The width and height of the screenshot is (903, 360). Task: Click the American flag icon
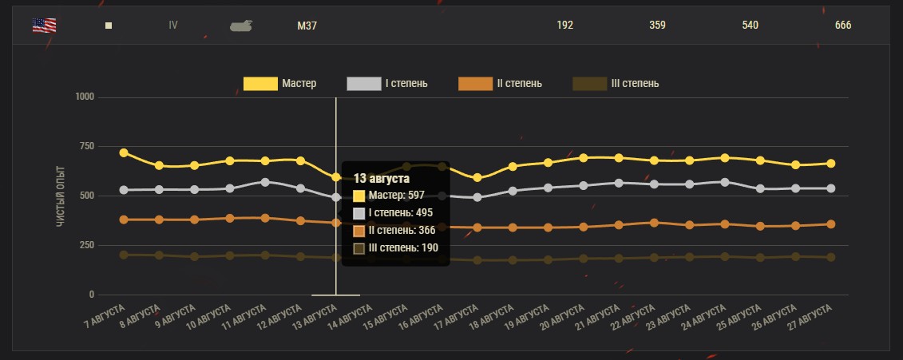pyautogui.click(x=44, y=25)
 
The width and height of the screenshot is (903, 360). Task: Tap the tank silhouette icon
pyautogui.click(x=241, y=26)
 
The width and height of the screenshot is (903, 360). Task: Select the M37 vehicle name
pyautogui.click(x=307, y=26)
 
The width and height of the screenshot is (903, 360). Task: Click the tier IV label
pyautogui.click(x=173, y=25)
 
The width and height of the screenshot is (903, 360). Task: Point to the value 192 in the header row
pyautogui.click(x=565, y=26)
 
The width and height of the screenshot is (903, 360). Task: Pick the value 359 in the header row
pyautogui.click(x=658, y=26)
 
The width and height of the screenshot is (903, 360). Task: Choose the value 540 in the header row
pyautogui.click(x=751, y=26)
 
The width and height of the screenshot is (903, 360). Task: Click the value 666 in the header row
pyautogui.click(x=843, y=26)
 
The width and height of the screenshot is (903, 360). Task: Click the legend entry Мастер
pyautogui.click(x=280, y=84)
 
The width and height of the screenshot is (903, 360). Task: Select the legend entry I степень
pyautogui.click(x=387, y=84)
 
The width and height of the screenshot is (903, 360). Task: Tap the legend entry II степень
pyautogui.click(x=501, y=84)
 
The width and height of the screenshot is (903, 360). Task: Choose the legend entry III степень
pyautogui.click(x=616, y=84)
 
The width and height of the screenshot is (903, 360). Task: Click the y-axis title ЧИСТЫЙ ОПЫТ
pyautogui.click(x=61, y=196)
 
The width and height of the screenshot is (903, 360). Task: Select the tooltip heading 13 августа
pyautogui.click(x=382, y=178)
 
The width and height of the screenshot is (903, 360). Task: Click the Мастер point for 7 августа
pyautogui.click(x=124, y=152)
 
